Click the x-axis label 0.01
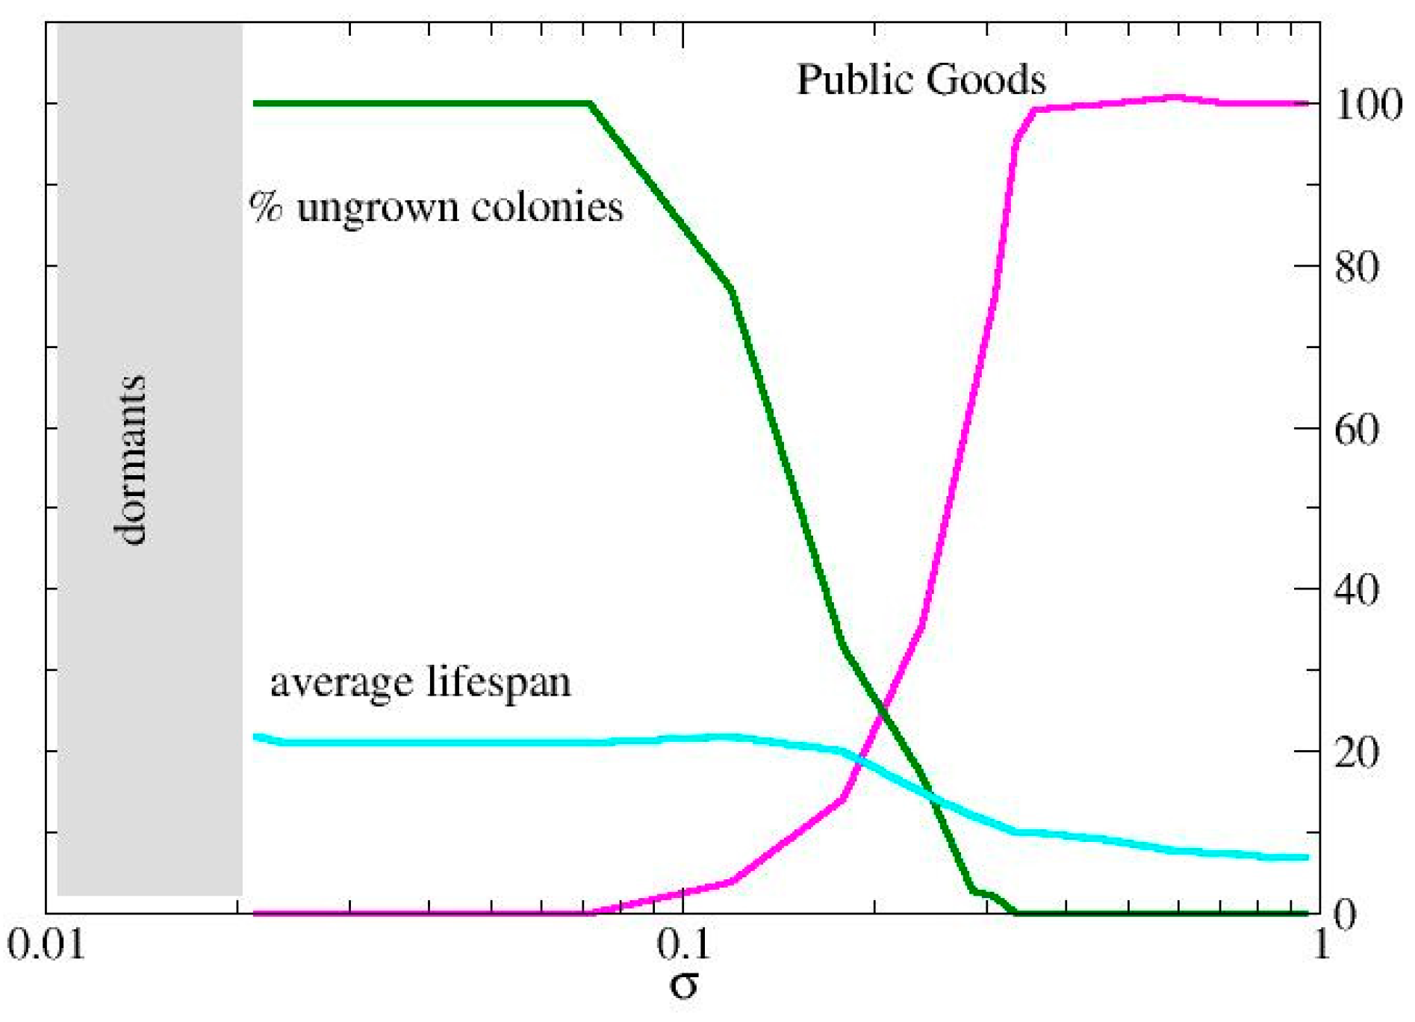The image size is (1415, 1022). pyautogui.click(x=46, y=946)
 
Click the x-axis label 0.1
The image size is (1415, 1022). pyautogui.click(x=683, y=946)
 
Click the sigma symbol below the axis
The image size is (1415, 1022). pyautogui.click(x=683, y=985)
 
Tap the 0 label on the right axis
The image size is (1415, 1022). pyautogui.click(x=1345, y=914)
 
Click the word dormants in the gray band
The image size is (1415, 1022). pyautogui.click(x=131, y=460)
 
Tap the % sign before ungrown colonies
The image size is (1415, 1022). pyautogui.click(x=266, y=206)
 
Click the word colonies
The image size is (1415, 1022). pyautogui.click(x=547, y=206)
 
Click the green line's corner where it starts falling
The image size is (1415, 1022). pyautogui.click(x=590, y=103)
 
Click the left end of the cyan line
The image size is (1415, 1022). pyautogui.click(x=256, y=737)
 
